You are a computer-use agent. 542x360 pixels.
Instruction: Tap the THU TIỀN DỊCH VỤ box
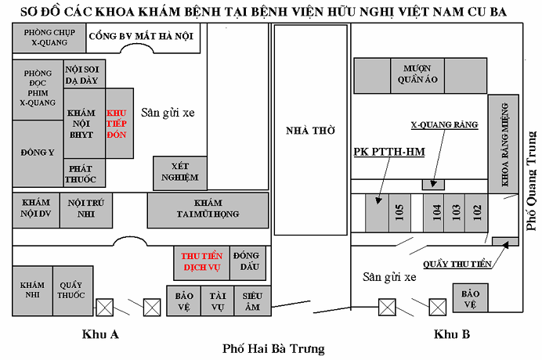201,261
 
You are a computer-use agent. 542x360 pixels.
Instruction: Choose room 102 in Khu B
476,212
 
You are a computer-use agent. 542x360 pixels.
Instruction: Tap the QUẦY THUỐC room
70,290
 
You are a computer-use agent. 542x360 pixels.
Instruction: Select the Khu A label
100,334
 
